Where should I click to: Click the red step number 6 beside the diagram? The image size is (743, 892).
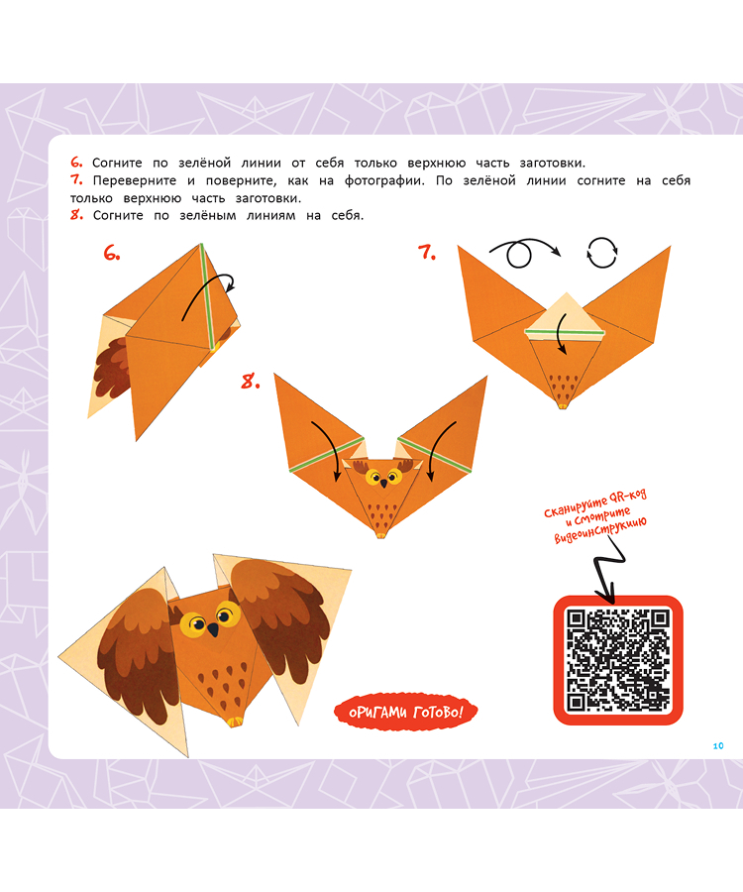[x=111, y=253]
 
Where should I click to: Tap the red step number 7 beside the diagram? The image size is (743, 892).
[x=426, y=252]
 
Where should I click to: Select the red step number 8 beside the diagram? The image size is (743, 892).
[x=251, y=382]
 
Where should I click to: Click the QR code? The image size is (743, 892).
[x=618, y=660]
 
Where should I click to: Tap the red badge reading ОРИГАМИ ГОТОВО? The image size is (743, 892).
[x=405, y=711]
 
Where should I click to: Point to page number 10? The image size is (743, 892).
[x=718, y=745]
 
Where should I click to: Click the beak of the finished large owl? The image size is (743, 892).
[x=213, y=629]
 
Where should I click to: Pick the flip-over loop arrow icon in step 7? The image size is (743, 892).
[x=524, y=251]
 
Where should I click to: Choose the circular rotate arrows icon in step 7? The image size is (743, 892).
[x=602, y=252]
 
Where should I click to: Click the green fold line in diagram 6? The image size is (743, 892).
[x=207, y=295]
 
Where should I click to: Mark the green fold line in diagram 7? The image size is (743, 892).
[x=565, y=331]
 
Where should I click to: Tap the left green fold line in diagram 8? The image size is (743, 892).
[x=326, y=455]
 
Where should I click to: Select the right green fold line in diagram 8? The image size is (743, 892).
[x=435, y=455]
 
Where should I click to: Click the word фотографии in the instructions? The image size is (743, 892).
[x=384, y=181]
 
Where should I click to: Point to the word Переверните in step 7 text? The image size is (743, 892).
[x=135, y=181]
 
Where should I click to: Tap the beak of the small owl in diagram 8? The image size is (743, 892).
[x=383, y=483]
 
